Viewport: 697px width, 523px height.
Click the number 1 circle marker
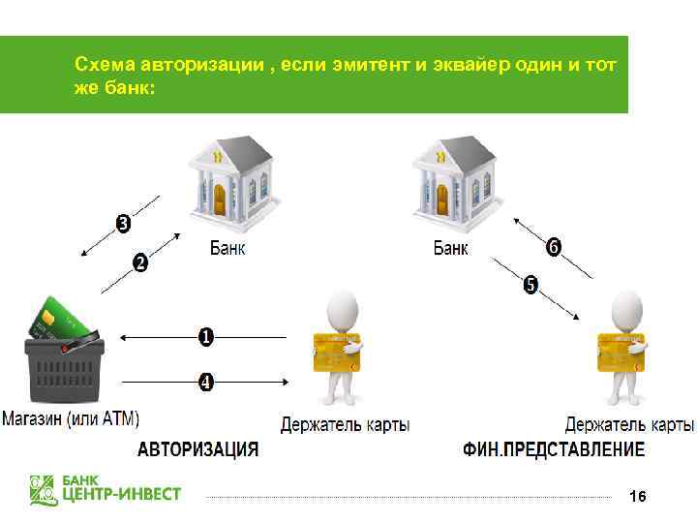[x=206, y=337]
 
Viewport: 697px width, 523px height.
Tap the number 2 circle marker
[x=140, y=262]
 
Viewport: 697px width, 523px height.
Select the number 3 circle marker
[x=123, y=225]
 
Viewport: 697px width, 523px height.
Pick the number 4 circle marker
[x=206, y=382]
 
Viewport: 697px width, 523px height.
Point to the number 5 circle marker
[x=530, y=285]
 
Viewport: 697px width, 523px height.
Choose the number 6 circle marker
[x=553, y=248]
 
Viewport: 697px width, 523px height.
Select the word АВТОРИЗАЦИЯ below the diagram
[x=197, y=449]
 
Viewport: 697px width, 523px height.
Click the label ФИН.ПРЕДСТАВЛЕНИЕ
[x=554, y=449]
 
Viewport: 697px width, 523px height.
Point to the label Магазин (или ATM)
[x=70, y=419]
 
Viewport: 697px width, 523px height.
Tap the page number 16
[x=637, y=496]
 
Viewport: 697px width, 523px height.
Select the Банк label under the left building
[x=227, y=249]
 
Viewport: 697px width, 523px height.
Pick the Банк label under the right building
[x=450, y=249]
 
